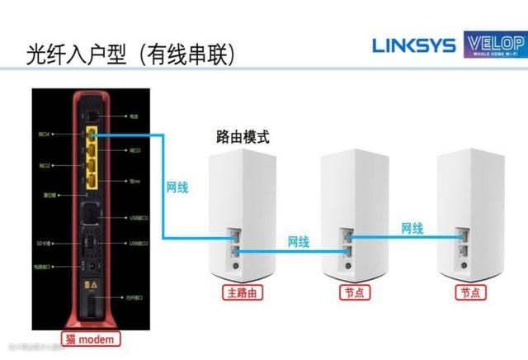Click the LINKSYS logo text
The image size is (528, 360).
pos(413,45)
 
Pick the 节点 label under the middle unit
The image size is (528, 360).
pos(354,292)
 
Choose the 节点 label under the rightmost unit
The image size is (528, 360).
pos(471,292)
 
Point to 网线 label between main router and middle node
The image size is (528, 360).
pos(299,242)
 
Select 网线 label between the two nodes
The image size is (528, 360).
pos(412,227)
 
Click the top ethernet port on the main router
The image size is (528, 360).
pos(237,238)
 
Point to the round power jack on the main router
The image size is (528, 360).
pos(237,267)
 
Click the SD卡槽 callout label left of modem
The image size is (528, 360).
pos(43,244)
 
